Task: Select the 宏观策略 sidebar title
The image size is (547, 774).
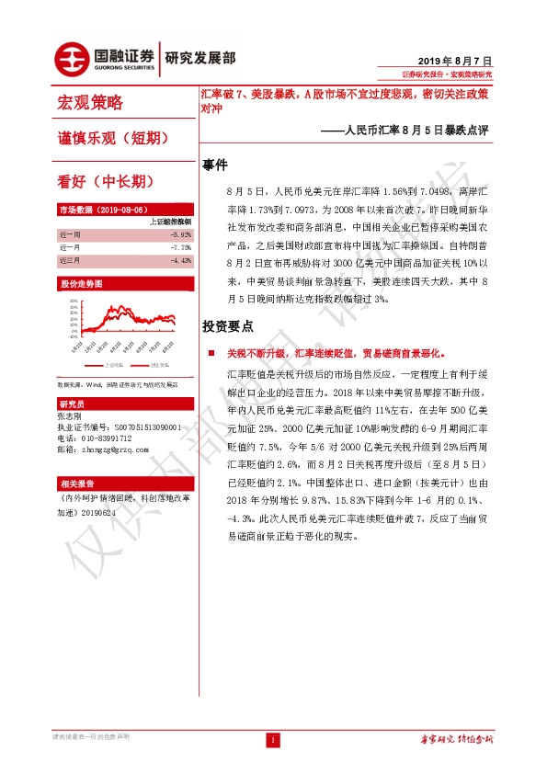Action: click(x=90, y=102)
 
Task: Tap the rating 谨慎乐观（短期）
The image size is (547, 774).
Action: click(x=111, y=138)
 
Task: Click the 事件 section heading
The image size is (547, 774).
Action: click(x=215, y=165)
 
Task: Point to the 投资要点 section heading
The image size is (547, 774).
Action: click(x=228, y=326)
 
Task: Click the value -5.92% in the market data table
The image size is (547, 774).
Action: click(x=181, y=234)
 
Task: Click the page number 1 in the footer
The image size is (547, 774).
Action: click(x=273, y=740)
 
